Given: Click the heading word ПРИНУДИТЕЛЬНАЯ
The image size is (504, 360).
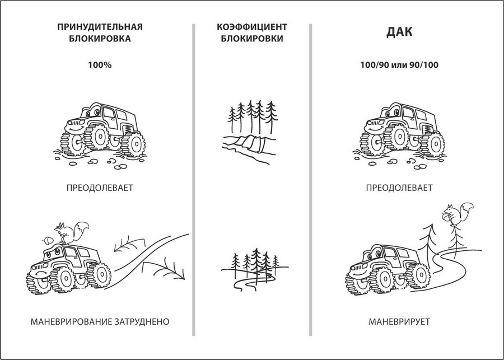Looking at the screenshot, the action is pyautogui.click(x=100, y=27).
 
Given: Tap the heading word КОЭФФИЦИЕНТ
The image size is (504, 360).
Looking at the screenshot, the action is pyautogui.click(x=252, y=27).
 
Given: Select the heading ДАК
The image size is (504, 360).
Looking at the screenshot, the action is pyautogui.click(x=399, y=32).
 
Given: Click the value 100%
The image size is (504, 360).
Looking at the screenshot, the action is pyautogui.click(x=100, y=65).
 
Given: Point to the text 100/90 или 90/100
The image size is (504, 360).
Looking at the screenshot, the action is pyautogui.click(x=399, y=65).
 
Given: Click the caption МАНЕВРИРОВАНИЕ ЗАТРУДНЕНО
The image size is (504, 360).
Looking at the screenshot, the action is pyautogui.click(x=100, y=321).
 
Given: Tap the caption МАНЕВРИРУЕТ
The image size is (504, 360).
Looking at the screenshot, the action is pyautogui.click(x=399, y=321).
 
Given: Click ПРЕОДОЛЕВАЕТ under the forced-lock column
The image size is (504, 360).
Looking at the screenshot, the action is pyautogui.click(x=100, y=188).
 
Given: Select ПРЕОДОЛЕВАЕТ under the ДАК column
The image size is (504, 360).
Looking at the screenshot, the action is pyautogui.click(x=399, y=188).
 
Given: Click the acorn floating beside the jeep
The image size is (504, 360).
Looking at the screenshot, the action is pyautogui.click(x=47, y=240).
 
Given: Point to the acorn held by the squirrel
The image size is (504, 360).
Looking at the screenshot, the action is pyautogui.click(x=446, y=216).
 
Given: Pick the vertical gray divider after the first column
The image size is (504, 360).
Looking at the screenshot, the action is pyautogui.click(x=194, y=180).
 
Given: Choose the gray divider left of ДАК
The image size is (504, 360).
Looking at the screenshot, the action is pyautogui.click(x=310, y=180).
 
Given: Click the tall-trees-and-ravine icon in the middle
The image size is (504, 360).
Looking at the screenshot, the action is pyautogui.click(x=250, y=132).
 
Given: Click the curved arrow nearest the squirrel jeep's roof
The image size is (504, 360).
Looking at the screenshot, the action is pyautogui.click(x=129, y=244).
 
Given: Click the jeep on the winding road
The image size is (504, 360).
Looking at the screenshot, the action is pyautogui.click(x=388, y=270).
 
